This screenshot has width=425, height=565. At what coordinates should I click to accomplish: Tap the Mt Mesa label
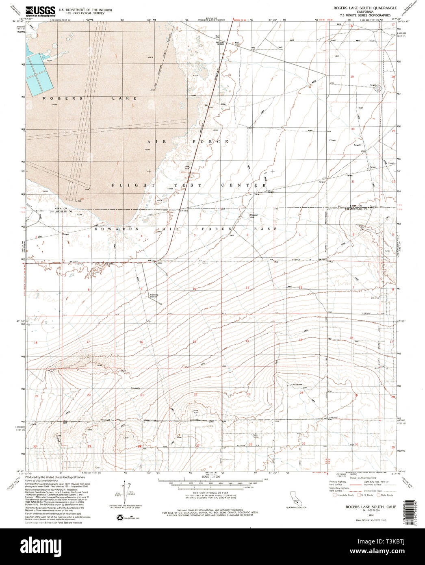[297, 385]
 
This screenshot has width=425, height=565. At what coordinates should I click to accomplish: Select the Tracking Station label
[154, 296]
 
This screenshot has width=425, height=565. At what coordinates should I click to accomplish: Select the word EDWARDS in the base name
[112, 229]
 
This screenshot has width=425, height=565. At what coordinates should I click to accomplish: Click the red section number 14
[247, 341]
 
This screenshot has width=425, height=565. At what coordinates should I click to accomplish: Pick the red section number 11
[247, 288]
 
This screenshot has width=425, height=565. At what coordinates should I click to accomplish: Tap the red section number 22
[195, 395]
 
